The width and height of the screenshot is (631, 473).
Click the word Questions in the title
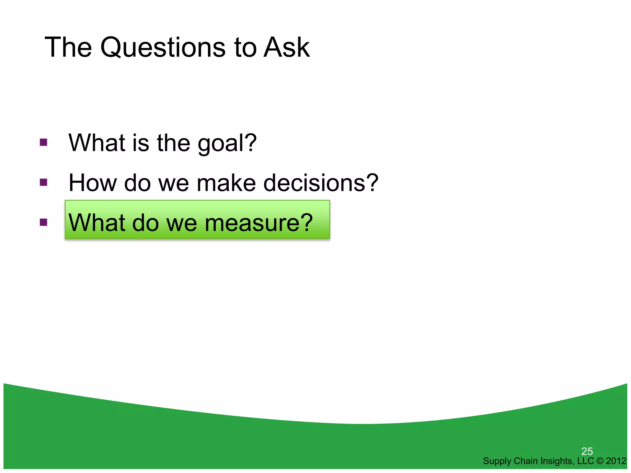pos(163,48)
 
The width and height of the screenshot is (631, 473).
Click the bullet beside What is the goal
pos(43,142)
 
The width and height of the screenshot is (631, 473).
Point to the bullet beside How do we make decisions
pos(43,182)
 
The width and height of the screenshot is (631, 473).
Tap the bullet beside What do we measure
pos(43,222)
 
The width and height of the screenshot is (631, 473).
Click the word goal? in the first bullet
pos(227,144)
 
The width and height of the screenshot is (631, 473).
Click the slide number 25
pos(587,451)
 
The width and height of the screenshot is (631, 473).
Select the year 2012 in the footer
pos(616,461)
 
